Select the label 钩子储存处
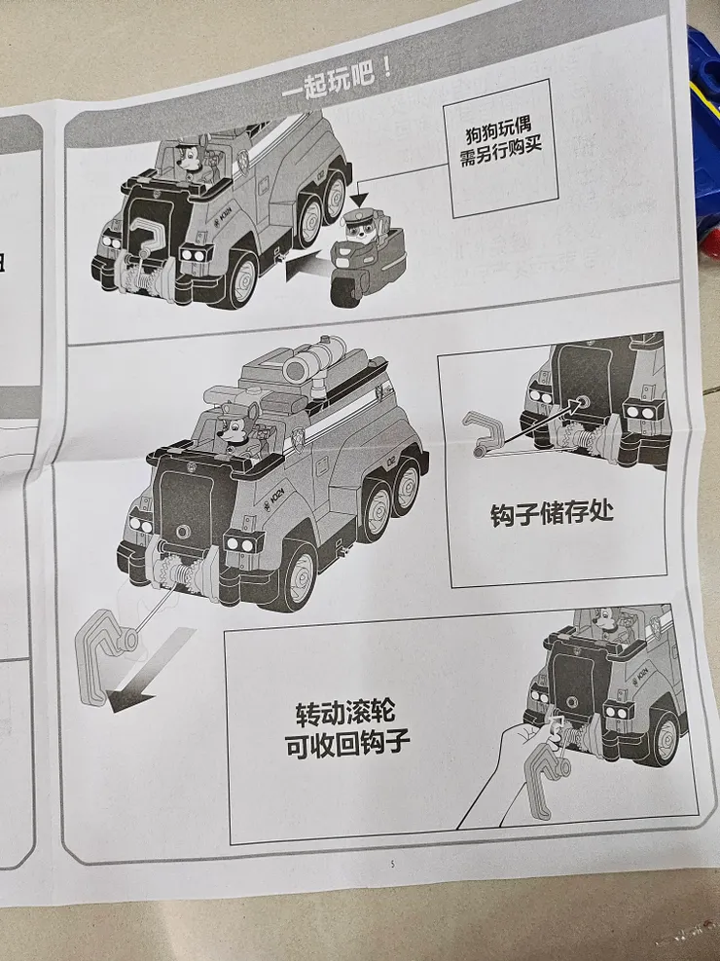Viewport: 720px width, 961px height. tap(552, 513)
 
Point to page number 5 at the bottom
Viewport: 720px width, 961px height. tap(392, 863)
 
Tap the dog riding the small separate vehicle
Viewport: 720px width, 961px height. tap(357, 229)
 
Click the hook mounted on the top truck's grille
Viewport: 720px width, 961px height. tap(148, 234)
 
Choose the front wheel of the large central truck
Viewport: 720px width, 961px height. tap(296, 575)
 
